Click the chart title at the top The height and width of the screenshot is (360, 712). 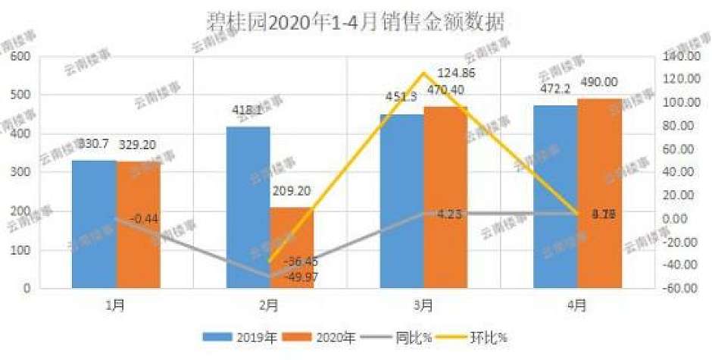[355, 21]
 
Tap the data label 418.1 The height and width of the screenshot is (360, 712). [248, 111]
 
